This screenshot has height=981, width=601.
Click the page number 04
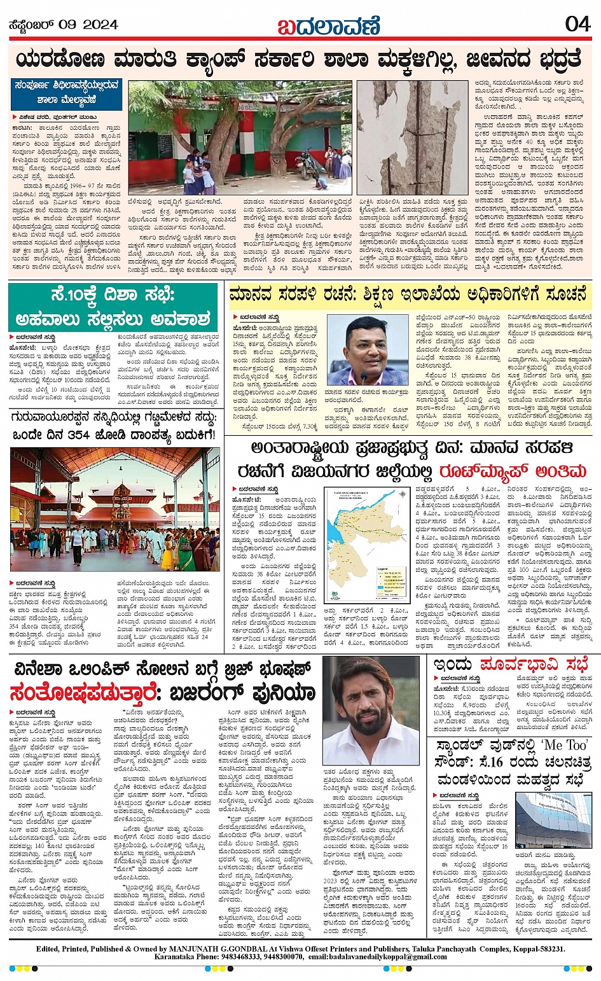(577, 24)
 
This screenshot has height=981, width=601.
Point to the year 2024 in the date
(100, 25)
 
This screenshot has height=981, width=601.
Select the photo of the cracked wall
(413, 137)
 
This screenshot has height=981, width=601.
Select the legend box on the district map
(389, 581)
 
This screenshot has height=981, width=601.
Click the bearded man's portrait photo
(371, 711)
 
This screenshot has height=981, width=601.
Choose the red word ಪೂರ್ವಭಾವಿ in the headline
(525, 664)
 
